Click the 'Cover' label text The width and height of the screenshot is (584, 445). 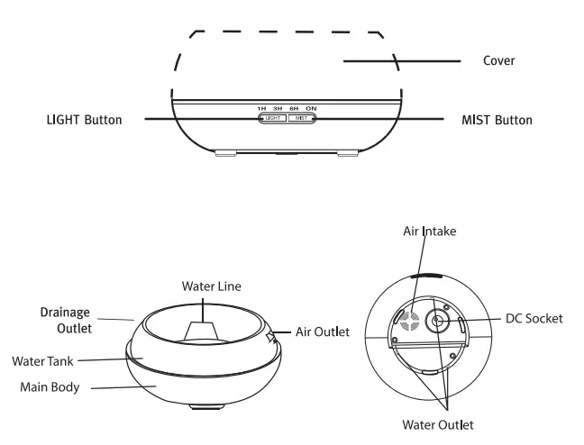pos(499,61)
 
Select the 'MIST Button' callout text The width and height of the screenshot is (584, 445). pos(497,120)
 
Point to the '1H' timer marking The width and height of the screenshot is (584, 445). pos(261,109)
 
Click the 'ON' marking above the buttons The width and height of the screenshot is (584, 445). pos(310,109)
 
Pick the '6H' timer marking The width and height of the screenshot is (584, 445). pos(294,109)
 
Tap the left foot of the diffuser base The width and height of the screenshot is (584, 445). pos(225,154)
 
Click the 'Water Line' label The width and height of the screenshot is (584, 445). pos(212,286)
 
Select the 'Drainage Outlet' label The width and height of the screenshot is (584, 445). pos(65,320)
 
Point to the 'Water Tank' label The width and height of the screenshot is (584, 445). pos(41,361)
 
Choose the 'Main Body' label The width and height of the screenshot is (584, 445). pos(50,387)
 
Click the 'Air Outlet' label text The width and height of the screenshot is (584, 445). pos(323,331)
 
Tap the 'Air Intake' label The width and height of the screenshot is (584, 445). pos(429,232)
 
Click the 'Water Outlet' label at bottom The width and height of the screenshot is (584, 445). pos(437,424)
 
